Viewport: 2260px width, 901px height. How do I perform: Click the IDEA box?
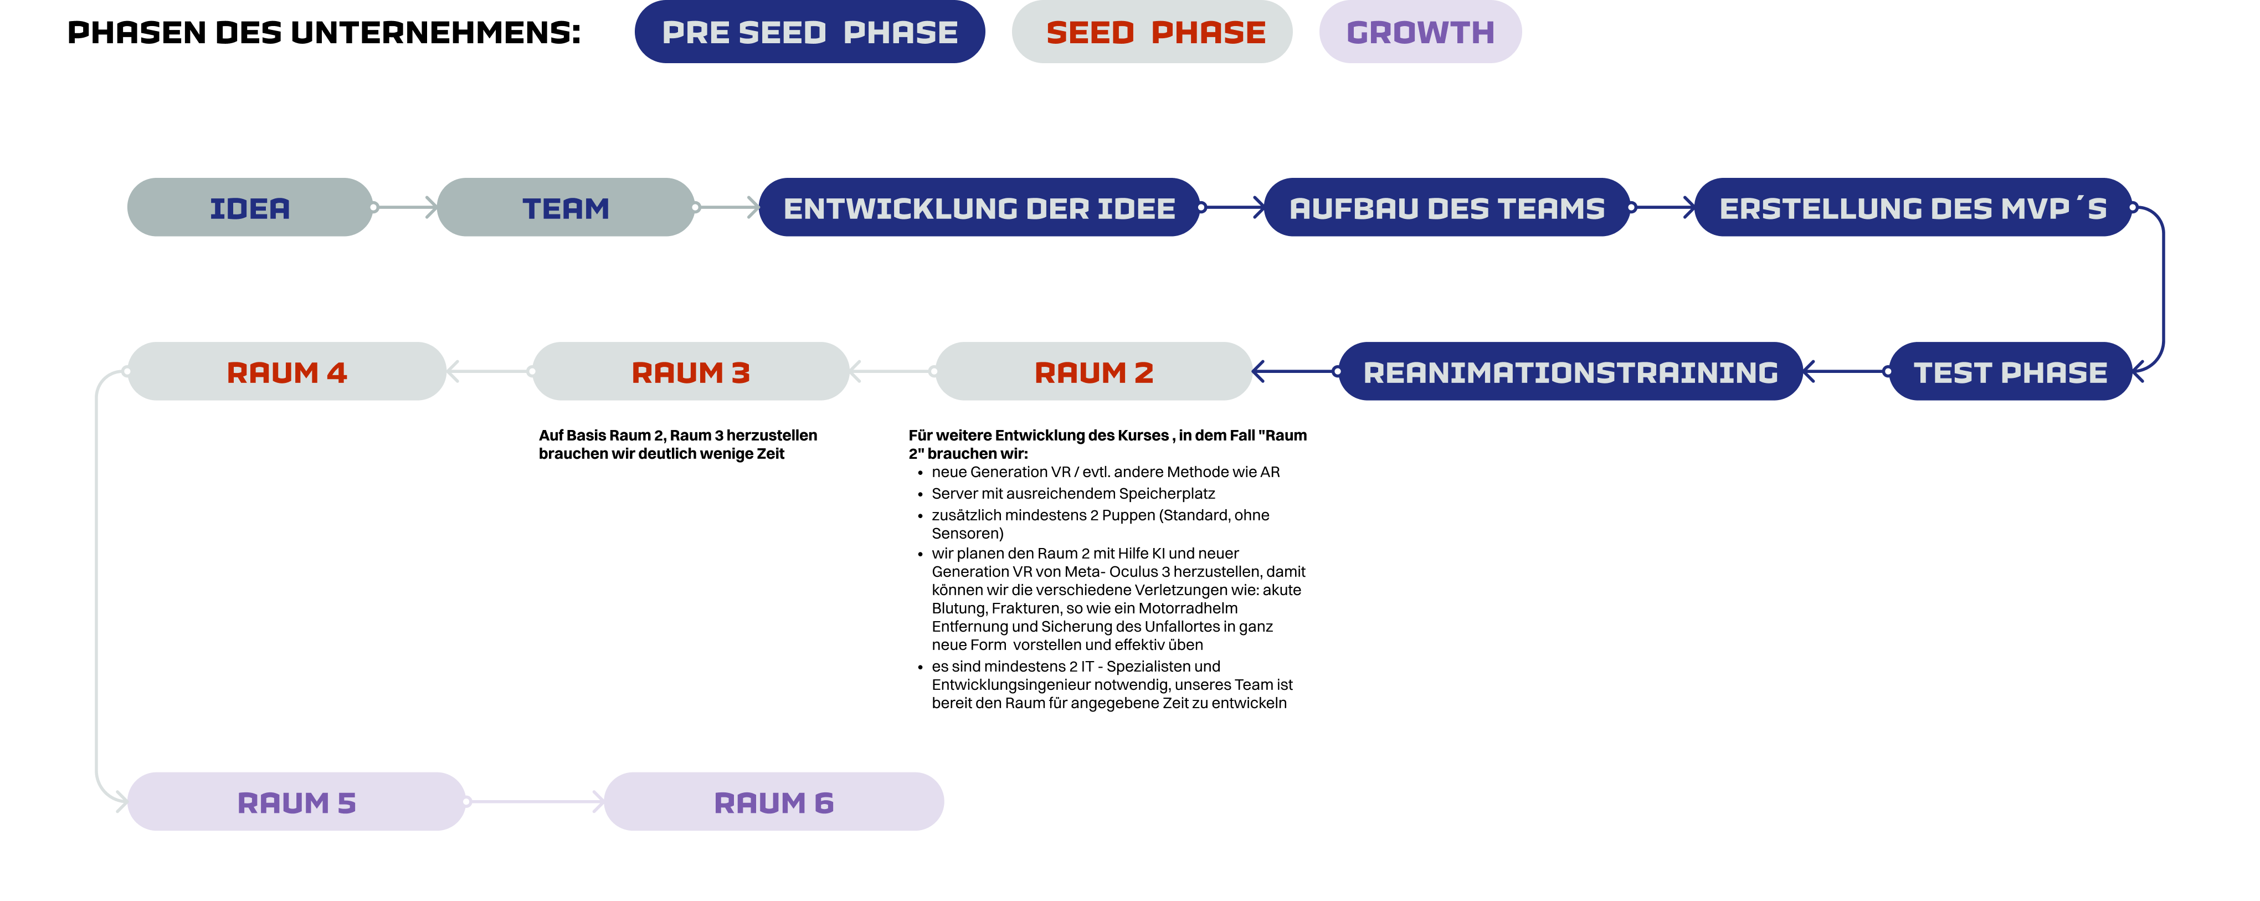pyautogui.click(x=249, y=208)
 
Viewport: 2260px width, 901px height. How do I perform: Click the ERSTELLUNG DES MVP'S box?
pyautogui.click(x=1913, y=208)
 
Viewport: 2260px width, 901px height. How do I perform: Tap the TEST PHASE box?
pyautogui.click(x=2010, y=372)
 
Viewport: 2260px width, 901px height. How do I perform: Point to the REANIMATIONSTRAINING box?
pyautogui.click(x=1570, y=372)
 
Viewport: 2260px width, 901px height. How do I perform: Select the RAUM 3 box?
pyautogui.click(x=690, y=372)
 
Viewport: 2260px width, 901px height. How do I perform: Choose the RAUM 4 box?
pyautogui.click(x=287, y=372)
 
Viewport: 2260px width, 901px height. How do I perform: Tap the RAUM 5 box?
pyautogui.click(x=296, y=802)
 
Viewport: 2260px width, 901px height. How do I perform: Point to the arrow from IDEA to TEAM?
pyautogui.click(x=405, y=208)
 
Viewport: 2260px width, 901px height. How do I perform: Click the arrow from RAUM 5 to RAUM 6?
pyautogui.click(x=535, y=802)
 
